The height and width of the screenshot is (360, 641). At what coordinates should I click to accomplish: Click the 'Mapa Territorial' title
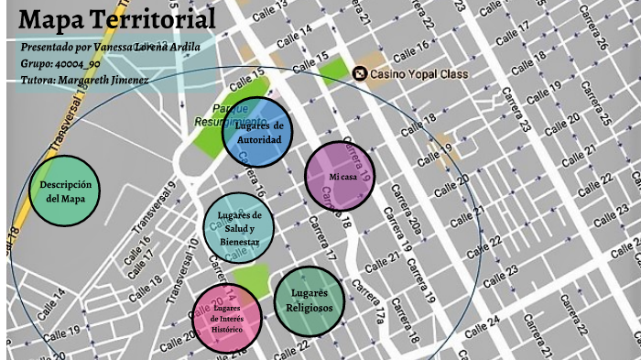coord(117,18)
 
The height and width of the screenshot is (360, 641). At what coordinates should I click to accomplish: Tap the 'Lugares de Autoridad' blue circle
coord(257,133)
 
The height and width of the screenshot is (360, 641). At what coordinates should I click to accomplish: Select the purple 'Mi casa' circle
coord(341,177)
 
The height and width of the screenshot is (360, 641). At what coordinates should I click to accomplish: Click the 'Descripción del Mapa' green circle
coord(64,191)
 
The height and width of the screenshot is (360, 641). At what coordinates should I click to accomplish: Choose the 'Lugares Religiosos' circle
coord(310,300)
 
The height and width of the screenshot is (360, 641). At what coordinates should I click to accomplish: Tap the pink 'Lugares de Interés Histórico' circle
coord(227,317)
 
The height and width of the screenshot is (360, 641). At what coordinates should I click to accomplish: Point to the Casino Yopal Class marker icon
coord(360,74)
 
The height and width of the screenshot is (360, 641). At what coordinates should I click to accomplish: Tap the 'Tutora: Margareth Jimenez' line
coord(84,80)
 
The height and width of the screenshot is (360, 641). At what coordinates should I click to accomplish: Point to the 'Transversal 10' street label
coord(182,270)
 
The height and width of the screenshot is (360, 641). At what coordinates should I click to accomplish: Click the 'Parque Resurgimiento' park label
coord(229,115)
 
